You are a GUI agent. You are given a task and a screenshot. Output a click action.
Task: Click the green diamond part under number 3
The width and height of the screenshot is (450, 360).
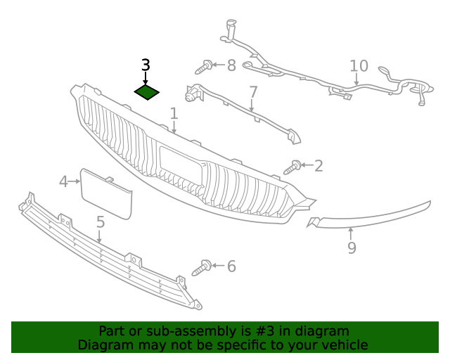pyautogui.click(x=146, y=92)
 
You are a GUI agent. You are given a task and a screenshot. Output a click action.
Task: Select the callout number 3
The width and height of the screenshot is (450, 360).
pyautogui.click(x=146, y=65)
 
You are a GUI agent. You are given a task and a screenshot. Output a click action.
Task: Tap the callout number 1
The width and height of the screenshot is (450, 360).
pyautogui.click(x=174, y=113)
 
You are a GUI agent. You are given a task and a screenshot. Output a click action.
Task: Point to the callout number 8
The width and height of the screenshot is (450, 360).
pyautogui.click(x=231, y=66)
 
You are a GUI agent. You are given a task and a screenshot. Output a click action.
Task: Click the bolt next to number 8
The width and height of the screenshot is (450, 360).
pyautogui.click(x=205, y=67)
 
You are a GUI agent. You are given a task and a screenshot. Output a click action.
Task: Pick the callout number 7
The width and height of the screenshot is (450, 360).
pyautogui.click(x=253, y=92)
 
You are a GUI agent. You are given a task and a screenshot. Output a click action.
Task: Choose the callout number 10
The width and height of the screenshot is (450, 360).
pyautogui.click(x=359, y=66)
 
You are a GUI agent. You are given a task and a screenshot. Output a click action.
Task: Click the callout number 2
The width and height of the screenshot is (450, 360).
pyautogui.click(x=319, y=166)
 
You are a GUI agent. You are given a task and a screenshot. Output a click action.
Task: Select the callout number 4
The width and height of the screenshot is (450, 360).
pyautogui.click(x=63, y=182)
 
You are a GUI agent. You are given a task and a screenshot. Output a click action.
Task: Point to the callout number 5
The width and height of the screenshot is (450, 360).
pyautogui.click(x=101, y=222)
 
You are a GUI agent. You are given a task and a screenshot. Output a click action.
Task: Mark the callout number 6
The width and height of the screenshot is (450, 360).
pyautogui.click(x=231, y=266)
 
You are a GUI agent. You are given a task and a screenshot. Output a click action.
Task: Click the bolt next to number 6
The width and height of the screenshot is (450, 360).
pyautogui.click(x=202, y=267)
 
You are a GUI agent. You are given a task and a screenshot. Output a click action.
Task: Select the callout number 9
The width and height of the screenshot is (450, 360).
pyautogui.click(x=352, y=247)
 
